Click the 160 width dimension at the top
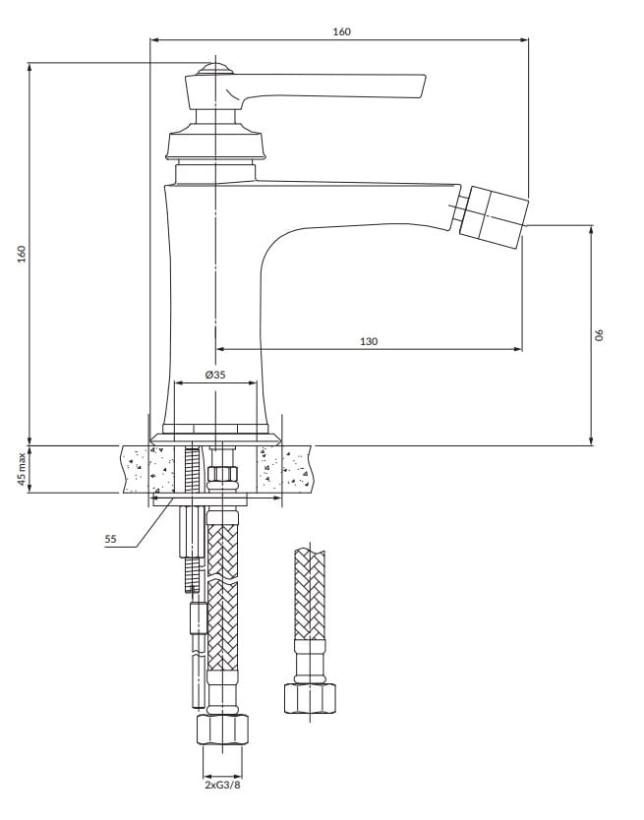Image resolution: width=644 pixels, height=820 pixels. click(341, 31)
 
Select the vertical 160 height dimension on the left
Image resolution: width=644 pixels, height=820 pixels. click(22, 254)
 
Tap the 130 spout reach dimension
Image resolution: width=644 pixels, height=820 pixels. click(369, 341)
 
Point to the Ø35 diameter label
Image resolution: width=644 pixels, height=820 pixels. click(215, 375)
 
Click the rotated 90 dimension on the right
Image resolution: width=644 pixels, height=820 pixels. click(600, 334)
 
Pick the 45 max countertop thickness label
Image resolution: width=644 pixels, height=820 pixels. click(22, 469)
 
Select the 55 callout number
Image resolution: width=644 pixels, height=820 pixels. click(110, 539)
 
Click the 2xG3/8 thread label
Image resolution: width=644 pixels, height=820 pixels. click(223, 785)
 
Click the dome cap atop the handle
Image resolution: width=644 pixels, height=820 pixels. click(215, 70)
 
